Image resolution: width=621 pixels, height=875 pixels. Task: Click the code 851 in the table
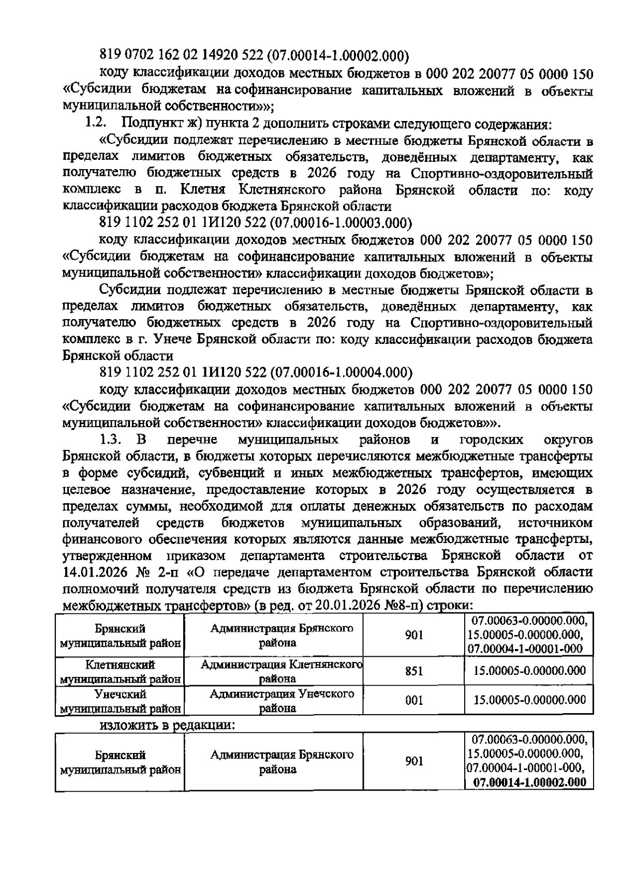point(414,671)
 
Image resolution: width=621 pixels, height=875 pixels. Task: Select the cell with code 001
point(414,701)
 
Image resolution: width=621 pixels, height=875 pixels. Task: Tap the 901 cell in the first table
point(414,635)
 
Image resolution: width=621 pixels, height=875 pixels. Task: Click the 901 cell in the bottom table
point(414,761)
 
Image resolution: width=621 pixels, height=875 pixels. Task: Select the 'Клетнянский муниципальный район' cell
point(120,671)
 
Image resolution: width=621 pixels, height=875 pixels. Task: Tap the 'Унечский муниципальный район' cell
point(120,701)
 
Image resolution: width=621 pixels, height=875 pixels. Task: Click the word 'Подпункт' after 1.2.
point(149,124)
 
